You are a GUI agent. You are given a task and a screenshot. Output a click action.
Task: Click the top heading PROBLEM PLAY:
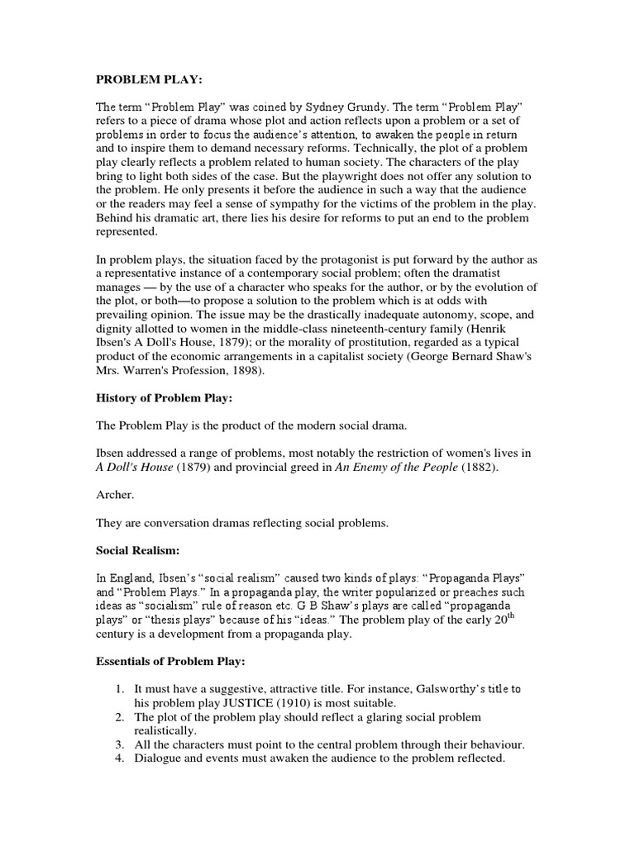[147, 83]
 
